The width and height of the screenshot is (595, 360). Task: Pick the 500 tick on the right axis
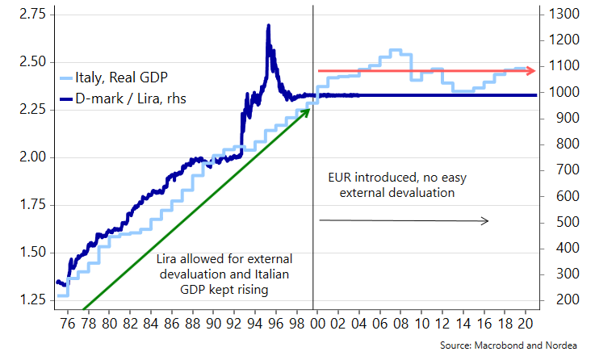[x=557, y=222]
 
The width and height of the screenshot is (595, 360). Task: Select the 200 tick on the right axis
[x=557, y=300]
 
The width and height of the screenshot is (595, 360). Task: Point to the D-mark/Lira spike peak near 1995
[x=268, y=26]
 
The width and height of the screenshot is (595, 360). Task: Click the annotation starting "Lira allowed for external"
[x=224, y=273]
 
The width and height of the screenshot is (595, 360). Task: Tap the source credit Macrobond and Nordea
[x=521, y=345]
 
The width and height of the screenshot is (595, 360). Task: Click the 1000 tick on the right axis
[x=560, y=92]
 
